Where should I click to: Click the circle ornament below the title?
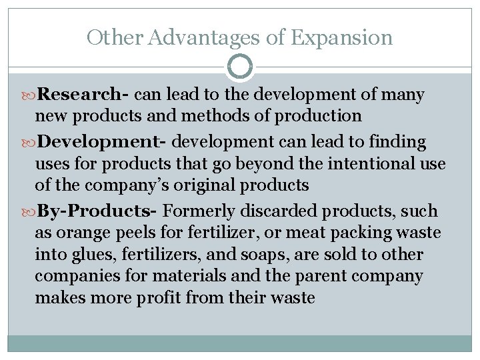(x=240, y=67)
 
